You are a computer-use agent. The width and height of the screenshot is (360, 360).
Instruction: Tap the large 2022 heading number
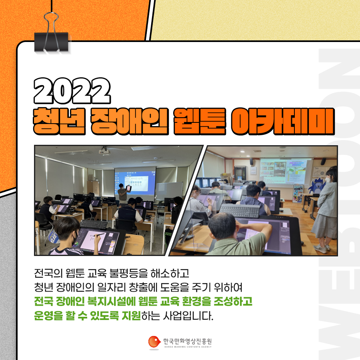point(72,91)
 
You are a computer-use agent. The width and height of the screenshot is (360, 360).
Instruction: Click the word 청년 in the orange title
point(59,121)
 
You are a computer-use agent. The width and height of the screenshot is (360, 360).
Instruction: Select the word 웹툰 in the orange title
point(200,121)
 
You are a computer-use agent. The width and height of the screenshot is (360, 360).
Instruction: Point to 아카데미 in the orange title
point(283,121)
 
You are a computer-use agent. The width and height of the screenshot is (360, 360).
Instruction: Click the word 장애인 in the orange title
point(130,121)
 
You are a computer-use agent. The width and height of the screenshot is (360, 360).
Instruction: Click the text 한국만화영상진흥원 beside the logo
point(187,341)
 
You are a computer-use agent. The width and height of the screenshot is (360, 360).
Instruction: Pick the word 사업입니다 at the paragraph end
point(188,316)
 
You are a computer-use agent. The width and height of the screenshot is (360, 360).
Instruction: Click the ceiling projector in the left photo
point(104,150)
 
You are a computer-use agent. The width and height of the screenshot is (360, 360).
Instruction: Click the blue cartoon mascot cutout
point(317,186)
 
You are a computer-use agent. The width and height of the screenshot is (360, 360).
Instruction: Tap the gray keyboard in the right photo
point(240,211)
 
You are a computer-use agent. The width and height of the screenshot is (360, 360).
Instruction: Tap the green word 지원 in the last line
point(131,316)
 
